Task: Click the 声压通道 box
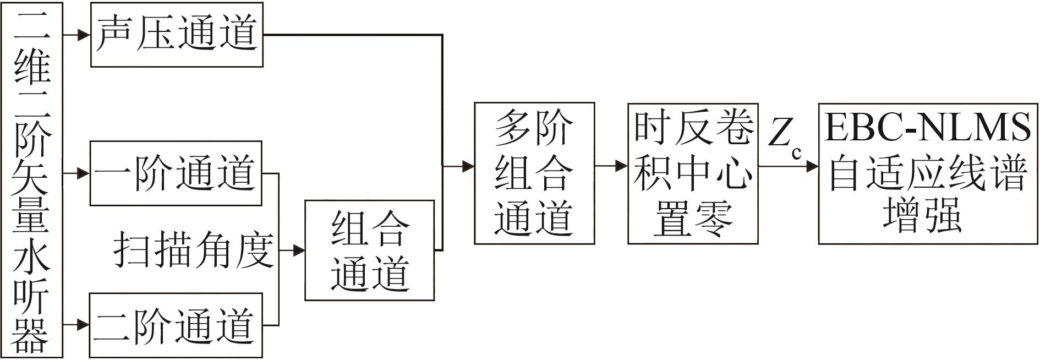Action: (x=177, y=35)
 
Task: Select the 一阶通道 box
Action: (x=176, y=173)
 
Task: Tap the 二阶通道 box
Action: (x=176, y=325)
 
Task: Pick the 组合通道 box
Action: (x=370, y=250)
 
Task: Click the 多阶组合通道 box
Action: (x=534, y=173)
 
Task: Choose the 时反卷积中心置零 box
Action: (x=693, y=173)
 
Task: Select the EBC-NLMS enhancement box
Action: (x=928, y=173)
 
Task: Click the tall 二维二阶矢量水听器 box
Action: (x=32, y=180)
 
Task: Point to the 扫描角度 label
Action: (x=194, y=250)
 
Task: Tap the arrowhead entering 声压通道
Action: (x=84, y=35)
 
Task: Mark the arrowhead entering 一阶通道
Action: (x=83, y=174)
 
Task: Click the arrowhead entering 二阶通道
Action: (x=83, y=325)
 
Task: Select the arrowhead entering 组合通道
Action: (x=299, y=250)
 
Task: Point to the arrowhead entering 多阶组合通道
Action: (x=468, y=166)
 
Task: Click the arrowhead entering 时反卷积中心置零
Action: (x=622, y=166)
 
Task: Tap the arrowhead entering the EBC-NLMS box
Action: (x=812, y=166)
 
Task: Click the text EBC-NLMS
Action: (x=928, y=128)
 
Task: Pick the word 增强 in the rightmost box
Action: (x=923, y=215)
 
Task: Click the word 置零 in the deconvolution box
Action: (x=693, y=219)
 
